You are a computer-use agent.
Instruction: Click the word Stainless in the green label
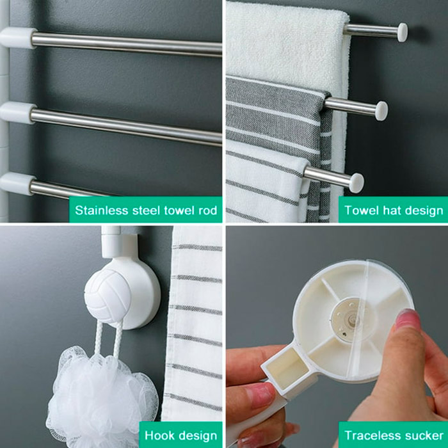coord(102,211)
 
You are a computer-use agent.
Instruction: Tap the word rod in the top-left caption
coord(208,211)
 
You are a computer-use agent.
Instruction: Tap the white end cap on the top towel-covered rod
coord(403,32)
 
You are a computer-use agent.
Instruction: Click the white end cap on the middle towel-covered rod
coord(381,111)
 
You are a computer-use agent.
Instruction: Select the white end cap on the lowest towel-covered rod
coord(356,182)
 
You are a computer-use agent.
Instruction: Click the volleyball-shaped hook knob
coord(108,295)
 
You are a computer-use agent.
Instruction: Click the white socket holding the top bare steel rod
coord(18,38)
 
